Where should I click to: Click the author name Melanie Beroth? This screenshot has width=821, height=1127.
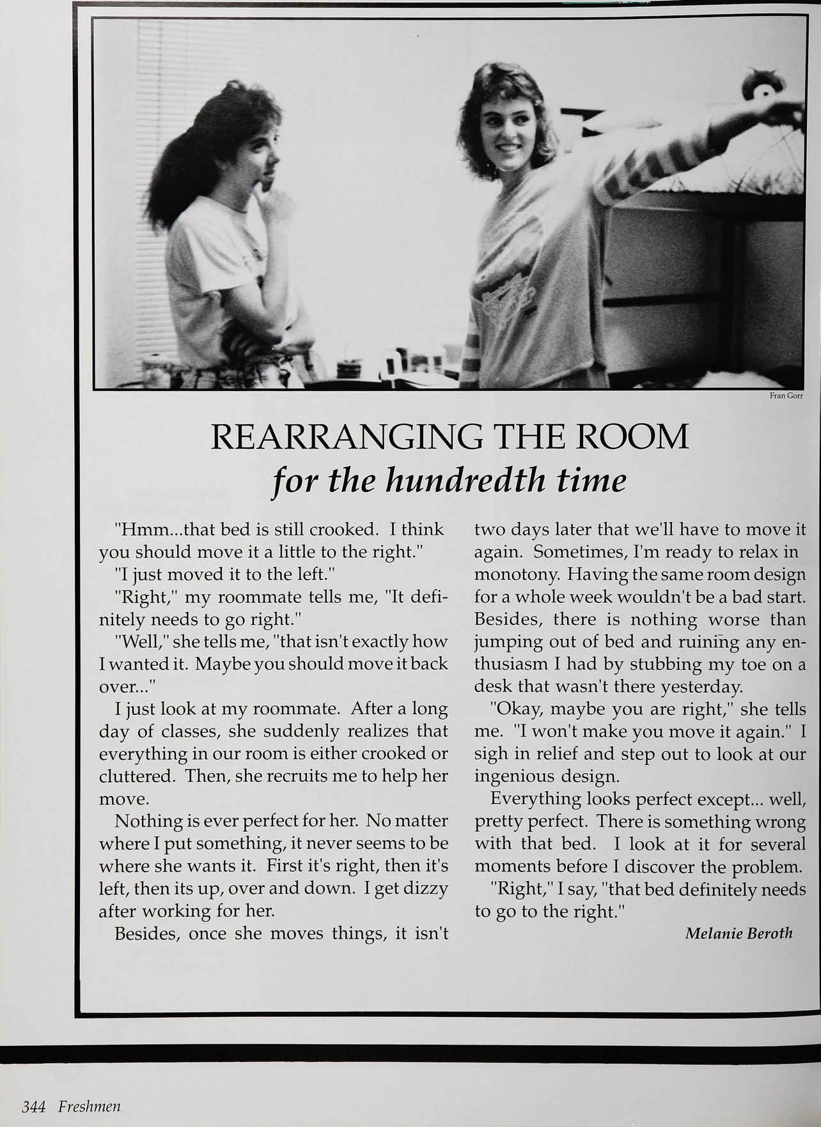tap(739, 933)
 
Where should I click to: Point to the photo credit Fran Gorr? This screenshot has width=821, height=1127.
tap(786, 396)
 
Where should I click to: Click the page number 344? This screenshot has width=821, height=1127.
tap(33, 1107)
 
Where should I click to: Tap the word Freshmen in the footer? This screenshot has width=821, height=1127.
tap(90, 1107)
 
